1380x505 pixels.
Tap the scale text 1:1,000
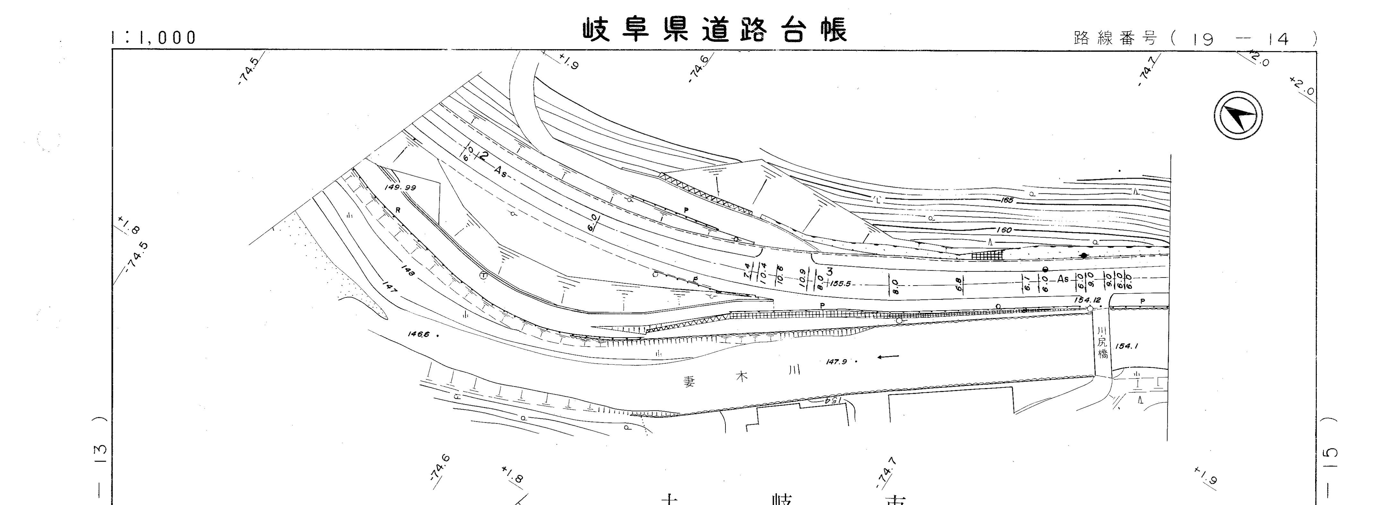pyautogui.click(x=154, y=38)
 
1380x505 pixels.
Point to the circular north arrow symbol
pyautogui.click(x=1238, y=116)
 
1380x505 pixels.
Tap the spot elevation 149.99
pyautogui.click(x=400, y=188)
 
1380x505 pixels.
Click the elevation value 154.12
pyautogui.click(x=1086, y=300)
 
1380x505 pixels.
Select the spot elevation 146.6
pyautogui.click(x=419, y=334)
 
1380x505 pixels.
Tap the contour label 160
pyautogui.click(x=1004, y=230)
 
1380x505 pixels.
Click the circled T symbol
pyautogui.click(x=483, y=276)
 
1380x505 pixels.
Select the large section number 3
pyautogui.click(x=829, y=272)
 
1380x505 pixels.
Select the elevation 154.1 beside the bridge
pyautogui.click(x=1127, y=346)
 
